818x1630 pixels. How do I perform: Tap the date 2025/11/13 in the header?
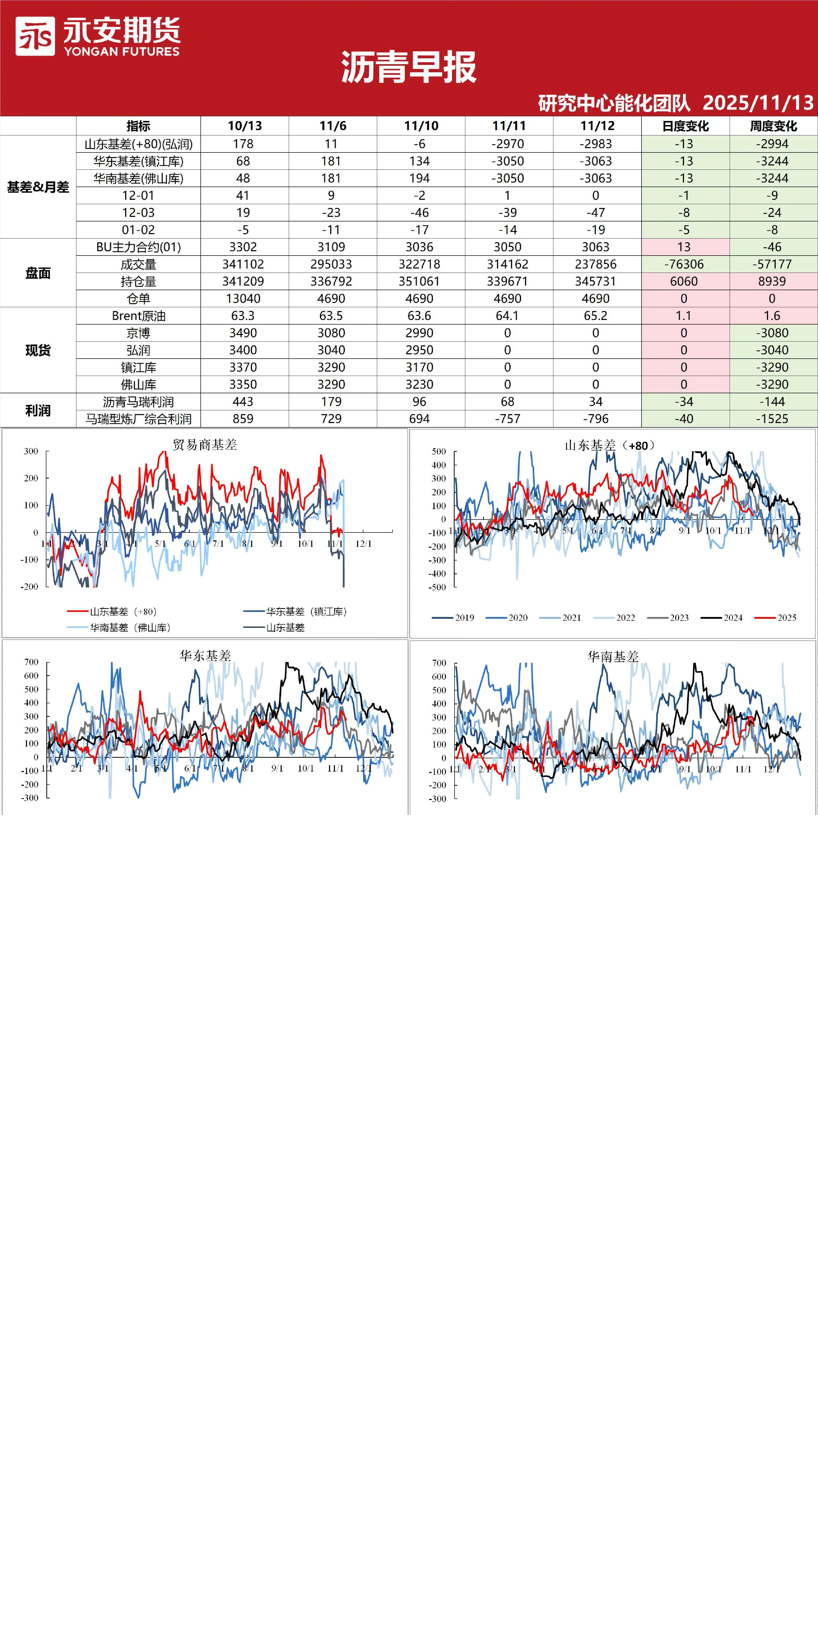[x=758, y=103]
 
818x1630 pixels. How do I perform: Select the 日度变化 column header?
[x=685, y=126]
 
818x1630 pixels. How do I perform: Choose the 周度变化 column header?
[x=773, y=126]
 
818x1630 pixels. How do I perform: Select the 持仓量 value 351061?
[x=419, y=281]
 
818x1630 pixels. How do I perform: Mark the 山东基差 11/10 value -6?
[x=419, y=144]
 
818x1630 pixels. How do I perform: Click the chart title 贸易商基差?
[x=205, y=445]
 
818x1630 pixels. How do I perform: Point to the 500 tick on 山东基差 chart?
[x=439, y=451]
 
